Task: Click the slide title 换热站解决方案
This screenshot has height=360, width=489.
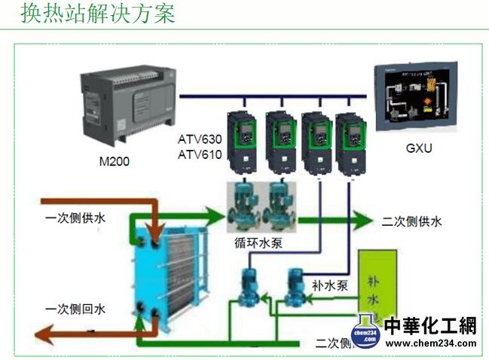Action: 98,14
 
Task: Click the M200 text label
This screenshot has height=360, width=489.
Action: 115,161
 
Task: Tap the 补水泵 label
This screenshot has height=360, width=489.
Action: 329,285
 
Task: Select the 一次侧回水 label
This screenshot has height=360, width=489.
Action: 75,309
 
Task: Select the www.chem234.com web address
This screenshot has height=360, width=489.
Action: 430,344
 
